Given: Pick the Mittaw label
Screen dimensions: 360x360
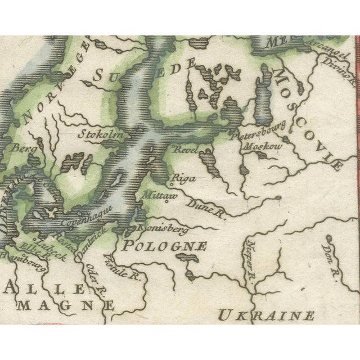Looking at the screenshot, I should (x=161, y=196).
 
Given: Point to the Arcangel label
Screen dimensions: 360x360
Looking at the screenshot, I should (x=327, y=55).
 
